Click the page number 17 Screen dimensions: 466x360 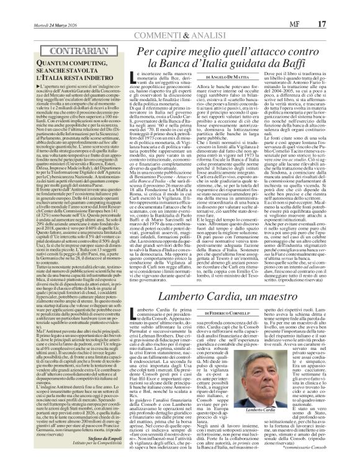[340, 23]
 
